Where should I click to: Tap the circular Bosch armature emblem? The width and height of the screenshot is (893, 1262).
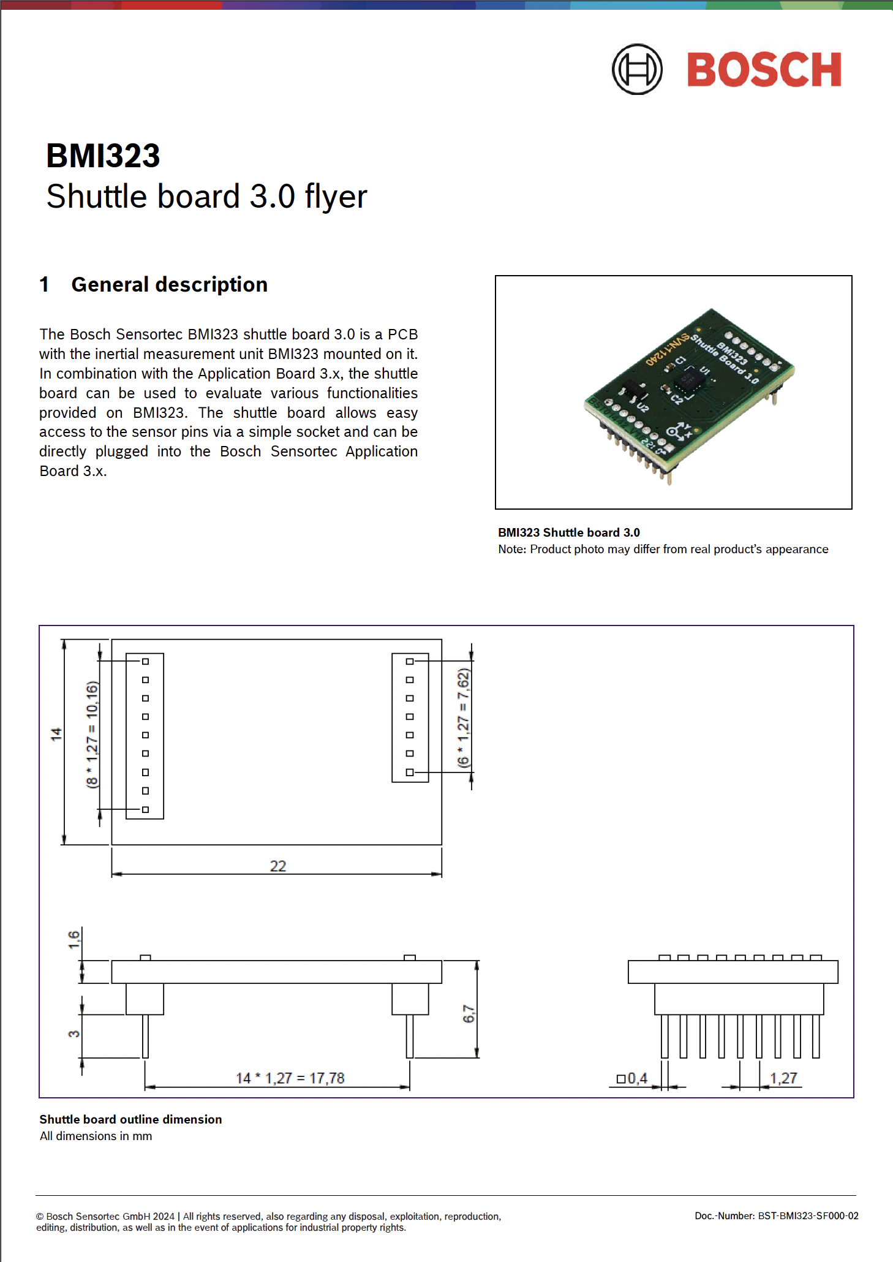[x=637, y=69]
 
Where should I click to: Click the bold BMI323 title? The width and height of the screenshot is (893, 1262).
[x=103, y=156]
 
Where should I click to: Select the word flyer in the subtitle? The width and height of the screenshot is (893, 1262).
[x=336, y=197]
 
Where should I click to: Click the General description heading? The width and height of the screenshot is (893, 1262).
[x=169, y=285]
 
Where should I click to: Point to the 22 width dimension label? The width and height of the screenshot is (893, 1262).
[x=278, y=866]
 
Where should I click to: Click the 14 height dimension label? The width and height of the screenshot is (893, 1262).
[x=56, y=734]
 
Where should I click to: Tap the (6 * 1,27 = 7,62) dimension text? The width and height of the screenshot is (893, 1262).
[x=464, y=717]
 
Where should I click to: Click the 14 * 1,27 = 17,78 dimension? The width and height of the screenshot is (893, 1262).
[x=290, y=1078]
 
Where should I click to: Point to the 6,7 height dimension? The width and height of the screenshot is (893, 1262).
[x=469, y=1013]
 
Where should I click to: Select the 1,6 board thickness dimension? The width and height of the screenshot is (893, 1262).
[x=73, y=939]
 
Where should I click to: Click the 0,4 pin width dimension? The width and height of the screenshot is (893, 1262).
[x=633, y=1078]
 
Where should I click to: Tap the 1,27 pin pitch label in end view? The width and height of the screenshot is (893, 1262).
[x=783, y=1078]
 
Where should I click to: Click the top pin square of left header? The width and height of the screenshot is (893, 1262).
[x=145, y=662]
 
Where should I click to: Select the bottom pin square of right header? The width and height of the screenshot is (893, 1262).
[x=410, y=773]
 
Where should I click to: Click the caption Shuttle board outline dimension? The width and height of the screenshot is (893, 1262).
[x=130, y=1119]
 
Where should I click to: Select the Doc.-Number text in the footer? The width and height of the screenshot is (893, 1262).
[x=776, y=1215]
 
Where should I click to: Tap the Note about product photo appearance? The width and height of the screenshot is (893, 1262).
[x=663, y=549]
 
